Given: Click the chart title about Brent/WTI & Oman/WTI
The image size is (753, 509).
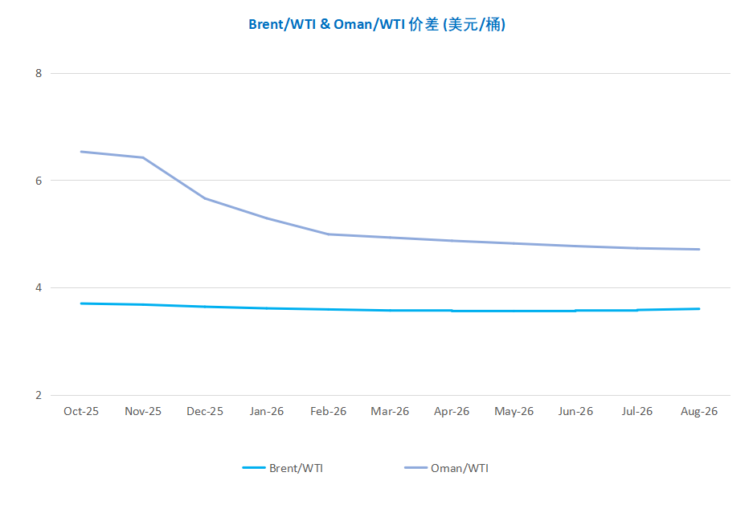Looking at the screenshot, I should coord(376,25).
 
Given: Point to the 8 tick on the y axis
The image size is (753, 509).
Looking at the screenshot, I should coord(38,73).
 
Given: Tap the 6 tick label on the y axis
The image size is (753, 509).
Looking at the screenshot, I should coord(38,181).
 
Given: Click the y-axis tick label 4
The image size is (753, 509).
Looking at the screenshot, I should coord(38,287).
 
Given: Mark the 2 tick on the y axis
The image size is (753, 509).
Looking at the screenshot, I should coord(38,395).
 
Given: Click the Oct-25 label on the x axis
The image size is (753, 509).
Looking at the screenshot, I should coord(81,411).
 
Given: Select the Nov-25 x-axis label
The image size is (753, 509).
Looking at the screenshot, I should coord(143,411).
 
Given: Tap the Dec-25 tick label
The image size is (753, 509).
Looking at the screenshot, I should coord(205,411).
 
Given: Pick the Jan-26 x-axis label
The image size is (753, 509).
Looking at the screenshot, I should coord(266,411).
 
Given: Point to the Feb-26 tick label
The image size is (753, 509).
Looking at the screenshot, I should coord(328,411).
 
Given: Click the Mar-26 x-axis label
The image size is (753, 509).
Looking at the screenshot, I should coord(390,411).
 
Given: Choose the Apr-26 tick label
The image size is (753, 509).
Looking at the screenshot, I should coord(452,411).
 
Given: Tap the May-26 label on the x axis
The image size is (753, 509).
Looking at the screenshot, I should coord(514,411).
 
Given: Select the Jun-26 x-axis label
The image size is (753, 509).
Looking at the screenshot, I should coord(575,411).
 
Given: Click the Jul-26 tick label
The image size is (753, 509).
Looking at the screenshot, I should coord(637,411).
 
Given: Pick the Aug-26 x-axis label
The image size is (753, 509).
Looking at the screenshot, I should coord(699,411).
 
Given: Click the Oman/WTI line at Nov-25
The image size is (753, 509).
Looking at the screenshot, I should coord(143,157).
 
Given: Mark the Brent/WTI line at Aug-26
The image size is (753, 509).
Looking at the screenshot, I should coord(699,308).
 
